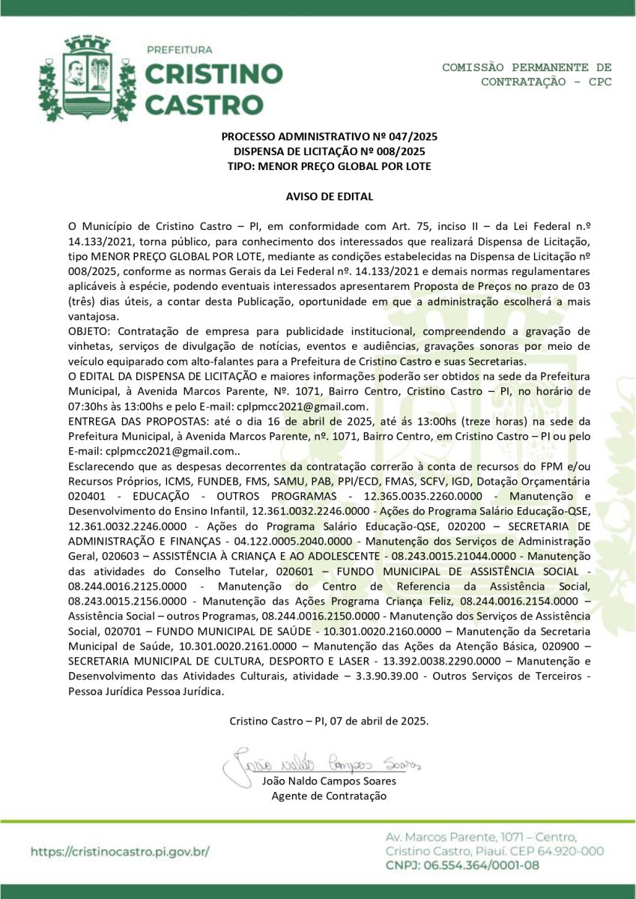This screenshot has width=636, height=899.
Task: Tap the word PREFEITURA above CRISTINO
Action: (178, 50)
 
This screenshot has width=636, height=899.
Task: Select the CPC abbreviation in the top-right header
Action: (599, 81)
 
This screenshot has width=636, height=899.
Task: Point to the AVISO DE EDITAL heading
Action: (329, 196)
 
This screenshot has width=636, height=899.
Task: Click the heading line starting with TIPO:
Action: (329, 166)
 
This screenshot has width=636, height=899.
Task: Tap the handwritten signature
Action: (322, 764)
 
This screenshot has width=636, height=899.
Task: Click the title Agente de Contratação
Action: (329, 796)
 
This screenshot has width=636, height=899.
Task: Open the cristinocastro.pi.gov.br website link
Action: (120, 851)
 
